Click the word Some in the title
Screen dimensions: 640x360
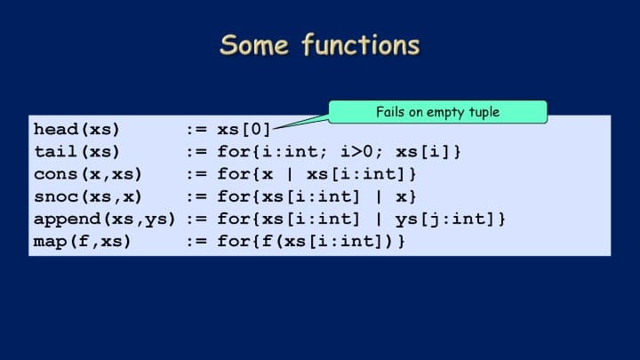(x=254, y=45)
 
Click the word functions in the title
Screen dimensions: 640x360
(x=361, y=44)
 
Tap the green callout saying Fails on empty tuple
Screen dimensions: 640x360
(x=437, y=112)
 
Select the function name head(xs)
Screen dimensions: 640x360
(x=76, y=130)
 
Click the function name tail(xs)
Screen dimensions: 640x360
(x=76, y=152)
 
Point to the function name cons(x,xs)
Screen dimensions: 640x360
(x=88, y=174)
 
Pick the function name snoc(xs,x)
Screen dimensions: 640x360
(x=88, y=196)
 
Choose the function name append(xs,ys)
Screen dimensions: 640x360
(x=105, y=220)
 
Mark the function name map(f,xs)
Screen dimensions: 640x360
(x=82, y=241)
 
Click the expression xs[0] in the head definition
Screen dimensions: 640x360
(x=244, y=130)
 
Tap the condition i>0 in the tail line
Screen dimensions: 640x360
(x=356, y=152)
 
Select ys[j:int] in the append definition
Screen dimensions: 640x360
(x=445, y=220)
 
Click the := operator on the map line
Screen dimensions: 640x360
(x=196, y=242)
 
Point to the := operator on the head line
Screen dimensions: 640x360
(x=196, y=130)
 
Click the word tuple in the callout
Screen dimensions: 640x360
(x=484, y=112)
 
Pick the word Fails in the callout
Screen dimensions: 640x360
(x=391, y=111)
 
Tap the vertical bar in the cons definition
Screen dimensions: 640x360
(x=290, y=174)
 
